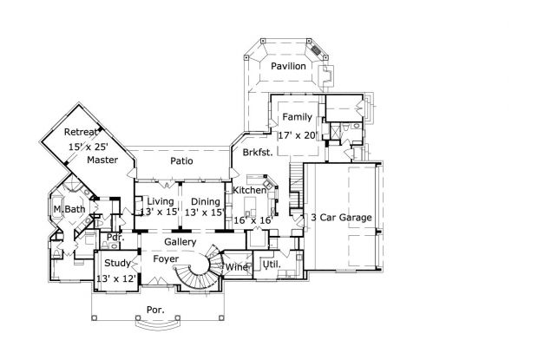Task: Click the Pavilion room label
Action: [x=287, y=66]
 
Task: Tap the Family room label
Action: [x=297, y=116]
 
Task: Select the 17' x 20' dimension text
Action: [x=297, y=136]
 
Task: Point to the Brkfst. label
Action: [x=259, y=152]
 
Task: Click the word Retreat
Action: [x=82, y=133]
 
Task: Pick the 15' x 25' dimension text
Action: [x=89, y=147]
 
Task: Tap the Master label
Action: [x=102, y=160]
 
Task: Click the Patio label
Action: [x=181, y=161]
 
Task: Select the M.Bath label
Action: [x=69, y=210]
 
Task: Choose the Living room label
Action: [x=160, y=201]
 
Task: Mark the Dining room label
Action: [x=206, y=201]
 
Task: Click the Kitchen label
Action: [x=249, y=190]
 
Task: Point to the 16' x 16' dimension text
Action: [x=252, y=221]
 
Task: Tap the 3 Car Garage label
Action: [x=341, y=217]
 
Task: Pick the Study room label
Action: [x=117, y=263]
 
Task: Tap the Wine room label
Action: [x=237, y=267]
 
